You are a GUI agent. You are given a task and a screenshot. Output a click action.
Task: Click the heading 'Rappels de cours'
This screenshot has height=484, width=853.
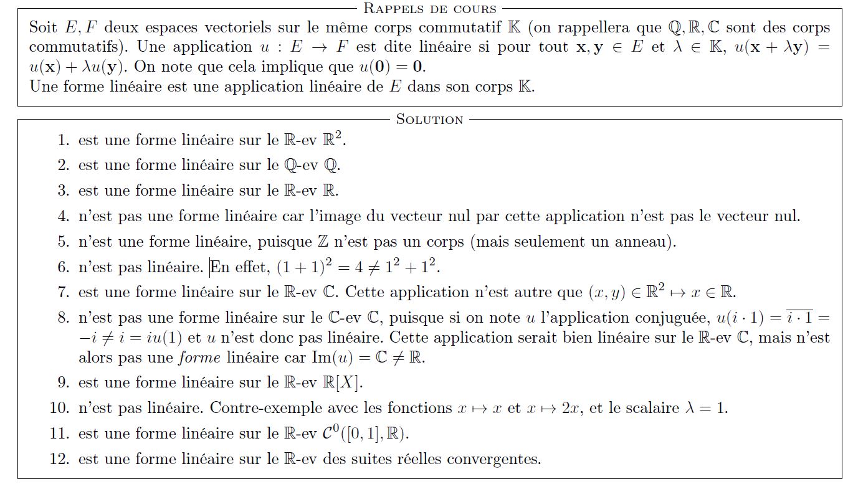(429, 9)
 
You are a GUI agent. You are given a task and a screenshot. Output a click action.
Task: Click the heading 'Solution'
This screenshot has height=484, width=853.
(429, 119)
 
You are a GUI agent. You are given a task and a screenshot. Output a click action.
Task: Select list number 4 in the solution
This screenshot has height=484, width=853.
(63, 217)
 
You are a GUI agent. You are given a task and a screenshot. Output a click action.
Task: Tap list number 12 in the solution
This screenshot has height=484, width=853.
(59, 460)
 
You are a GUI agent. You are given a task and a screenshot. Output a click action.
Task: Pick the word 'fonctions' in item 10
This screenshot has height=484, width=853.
(419, 409)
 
